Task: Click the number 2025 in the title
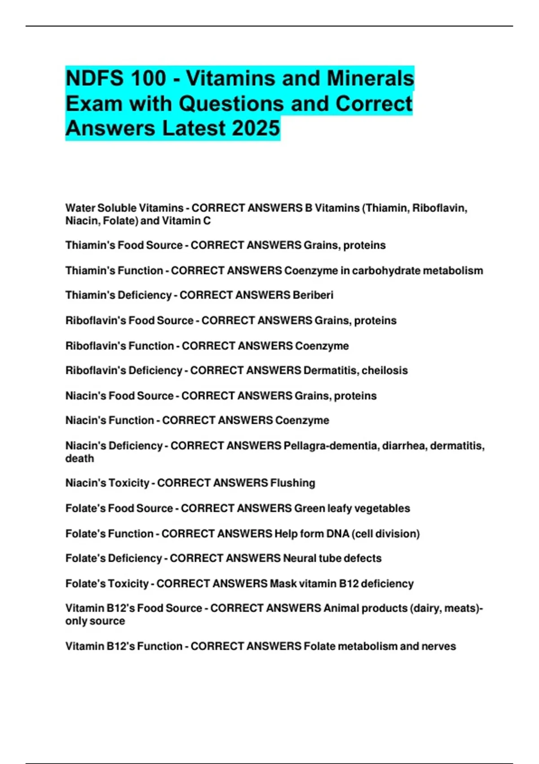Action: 256,128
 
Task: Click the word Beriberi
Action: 313,295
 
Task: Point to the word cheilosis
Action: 384,371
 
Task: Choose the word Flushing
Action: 293,483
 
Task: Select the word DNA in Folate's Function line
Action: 338,534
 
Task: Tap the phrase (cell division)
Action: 386,534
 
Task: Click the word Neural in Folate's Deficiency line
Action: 300,559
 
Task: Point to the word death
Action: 80,459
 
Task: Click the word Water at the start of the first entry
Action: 80,208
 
